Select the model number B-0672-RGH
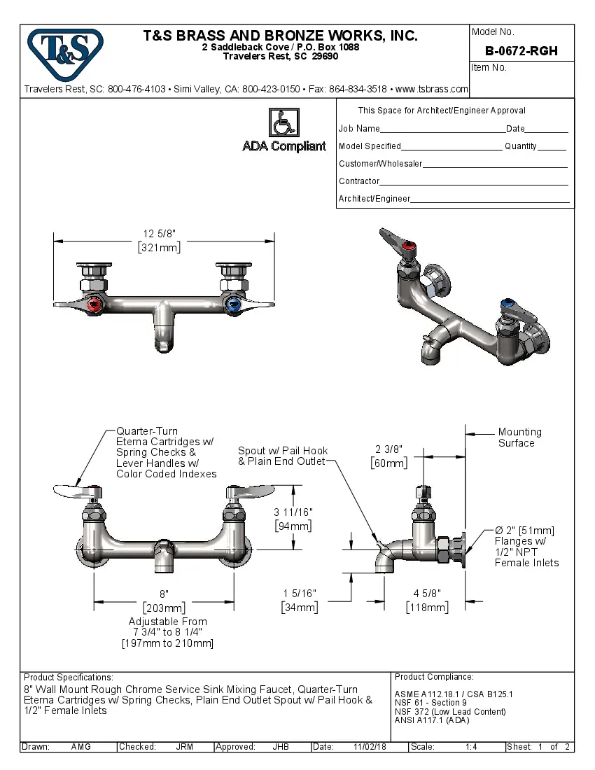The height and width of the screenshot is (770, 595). (521, 51)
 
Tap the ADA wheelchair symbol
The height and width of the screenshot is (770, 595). (284, 122)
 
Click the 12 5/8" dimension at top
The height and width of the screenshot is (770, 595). (159, 234)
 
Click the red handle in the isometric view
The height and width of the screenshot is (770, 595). (409, 246)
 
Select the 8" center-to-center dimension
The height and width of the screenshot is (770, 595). (163, 594)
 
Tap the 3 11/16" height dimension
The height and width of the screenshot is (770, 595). (293, 512)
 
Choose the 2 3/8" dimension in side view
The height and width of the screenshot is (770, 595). (389, 449)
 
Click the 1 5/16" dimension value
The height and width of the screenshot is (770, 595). (300, 594)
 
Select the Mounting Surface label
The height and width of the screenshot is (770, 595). (519, 437)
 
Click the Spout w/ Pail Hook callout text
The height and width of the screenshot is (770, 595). (282, 456)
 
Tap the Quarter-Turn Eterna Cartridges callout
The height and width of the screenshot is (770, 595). (166, 452)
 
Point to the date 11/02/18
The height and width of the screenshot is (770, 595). (370, 747)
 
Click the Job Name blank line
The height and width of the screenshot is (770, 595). (442, 130)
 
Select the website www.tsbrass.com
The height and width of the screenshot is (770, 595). (431, 89)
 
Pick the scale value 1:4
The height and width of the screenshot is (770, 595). (471, 747)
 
